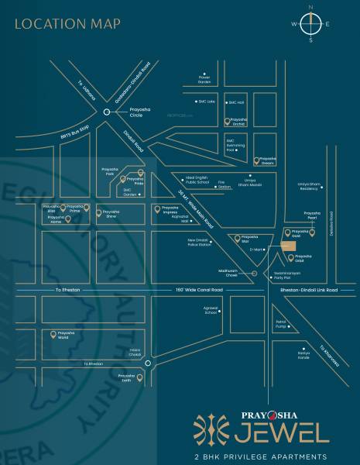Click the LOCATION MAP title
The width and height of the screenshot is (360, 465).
68,23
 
